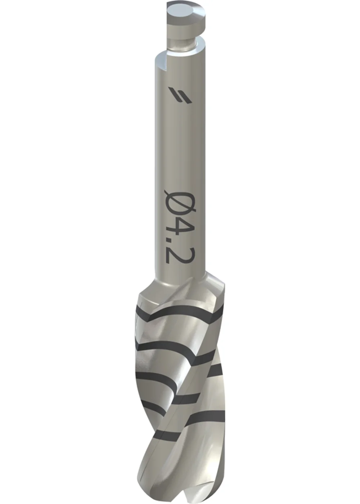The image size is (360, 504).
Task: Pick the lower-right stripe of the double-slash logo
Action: pos(182,98)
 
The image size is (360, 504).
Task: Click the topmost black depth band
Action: pos(180,312)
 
